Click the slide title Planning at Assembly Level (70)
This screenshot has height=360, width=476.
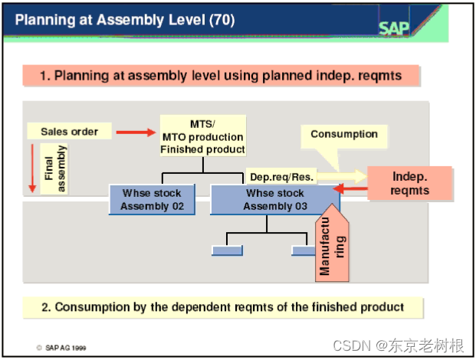[x=124, y=19]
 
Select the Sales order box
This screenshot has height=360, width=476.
[x=69, y=132]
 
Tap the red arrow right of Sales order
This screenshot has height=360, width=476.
[x=135, y=133]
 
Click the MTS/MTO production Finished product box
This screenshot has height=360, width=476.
[x=202, y=136]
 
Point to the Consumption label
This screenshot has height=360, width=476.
[x=343, y=134]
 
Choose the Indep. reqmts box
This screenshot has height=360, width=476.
[x=410, y=183]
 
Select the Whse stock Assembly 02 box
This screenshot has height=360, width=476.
[x=152, y=199]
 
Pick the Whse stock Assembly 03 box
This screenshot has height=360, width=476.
[x=274, y=199]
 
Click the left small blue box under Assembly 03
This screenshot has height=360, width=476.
[x=227, y=250]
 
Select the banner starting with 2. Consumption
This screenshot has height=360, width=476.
[x=222, y=307]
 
